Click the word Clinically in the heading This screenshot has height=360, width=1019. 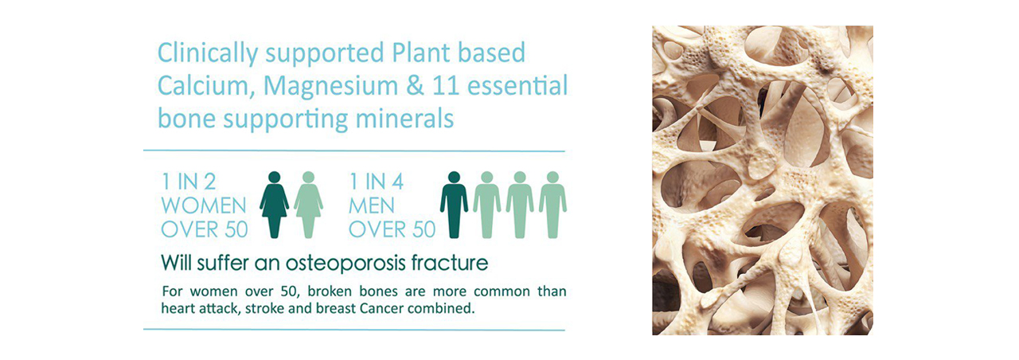pyautogui.click(x=208, y=54)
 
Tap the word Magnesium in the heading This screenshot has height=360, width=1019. pyautogui.click(x=330, y=85)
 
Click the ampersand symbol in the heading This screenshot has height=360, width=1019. pyautogui.click(x=415, y=85)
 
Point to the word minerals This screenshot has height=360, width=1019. pyautogui.click(x=405, y=119)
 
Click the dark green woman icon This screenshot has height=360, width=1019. pyautogui.click(x=275, y=205)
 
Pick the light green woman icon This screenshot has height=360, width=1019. pyautogui.click(x=308, y=205)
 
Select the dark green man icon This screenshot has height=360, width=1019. pyautogui.click(x=454, y=205)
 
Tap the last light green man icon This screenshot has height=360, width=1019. pyautogui.click(x=552, y=205)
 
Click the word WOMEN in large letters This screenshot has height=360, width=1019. pyautogui.click(x=204, y=205)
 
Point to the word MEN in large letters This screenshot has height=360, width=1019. pyautogui.click(x=372, y=205)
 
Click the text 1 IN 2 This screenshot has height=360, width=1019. pyautogui.click(x=189, y=182)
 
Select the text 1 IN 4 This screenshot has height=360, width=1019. pyautogui.click(x=377, y=182)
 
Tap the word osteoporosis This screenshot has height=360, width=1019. pyautogui.click(x=346, y=264)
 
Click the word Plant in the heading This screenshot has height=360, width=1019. pyautogui.click(x=421, y=53)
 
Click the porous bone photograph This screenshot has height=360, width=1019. pyautogui.click(x=763, y=180)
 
